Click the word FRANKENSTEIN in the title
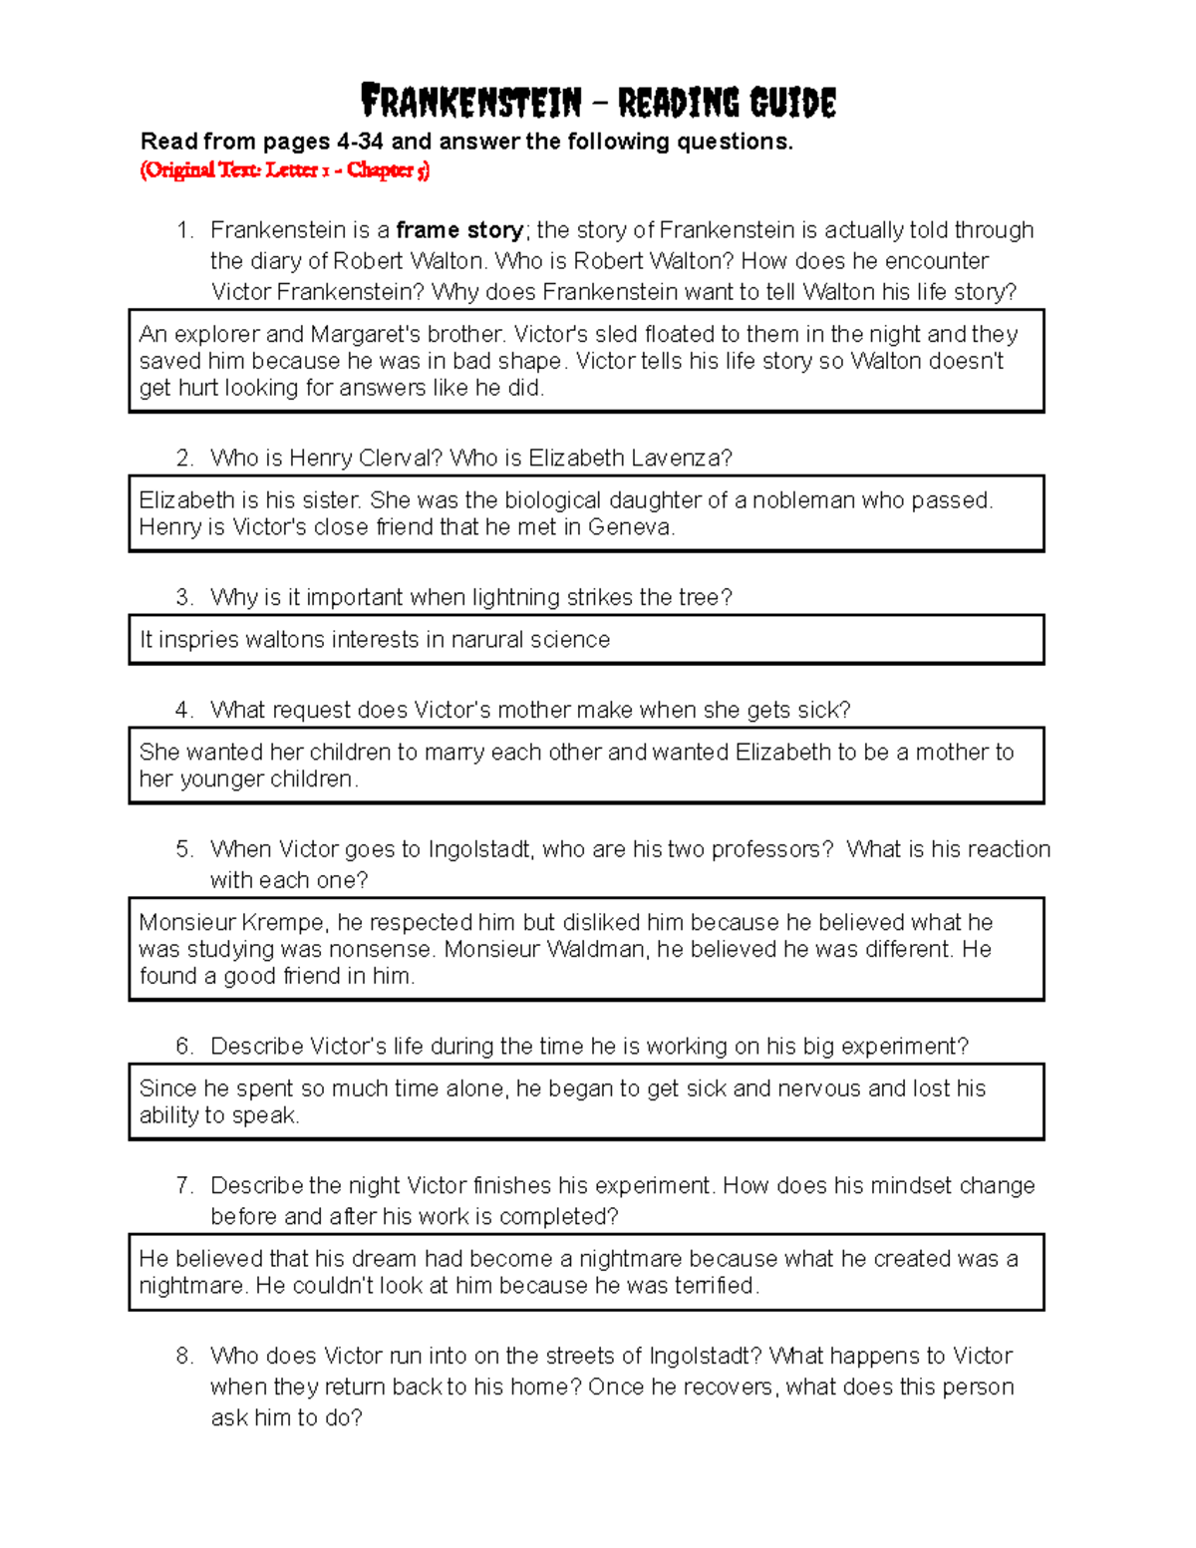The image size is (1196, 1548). click(x=470, y=102)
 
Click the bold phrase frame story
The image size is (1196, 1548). click(x=459, y=230)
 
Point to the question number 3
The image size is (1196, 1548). click(x=183, y=597)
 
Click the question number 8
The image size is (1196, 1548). click(x=183, y=1356)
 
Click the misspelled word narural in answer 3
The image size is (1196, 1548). click(x=487, y=640)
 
